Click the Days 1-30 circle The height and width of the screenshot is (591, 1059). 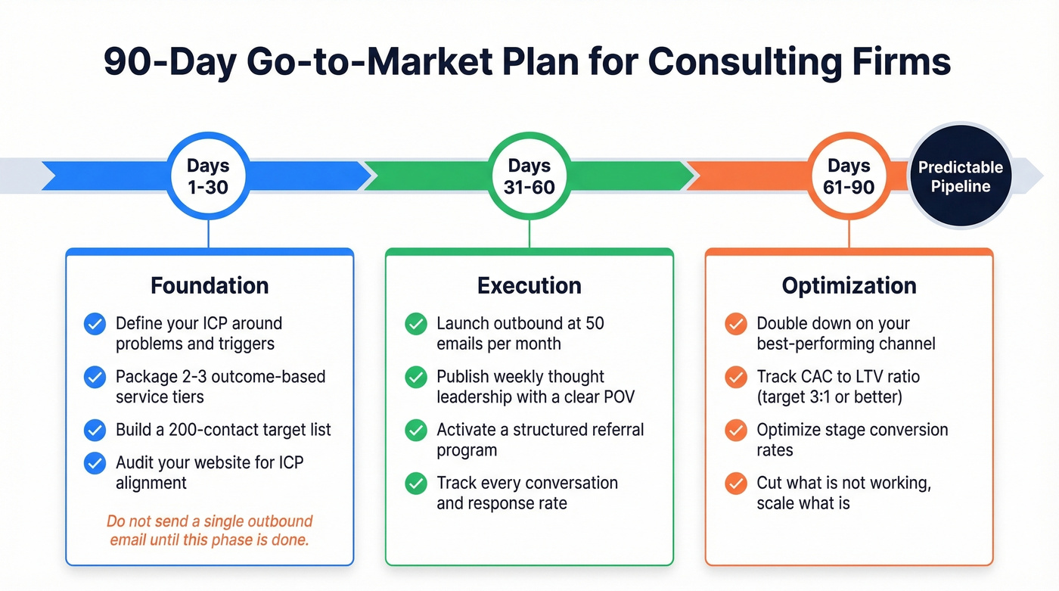coord(207,176)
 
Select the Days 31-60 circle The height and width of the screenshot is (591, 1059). coord(529,176)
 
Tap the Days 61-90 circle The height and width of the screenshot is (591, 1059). coord(849,176)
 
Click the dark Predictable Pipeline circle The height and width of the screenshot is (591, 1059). coord(960,176)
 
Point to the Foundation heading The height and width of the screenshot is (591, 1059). coord(210,285)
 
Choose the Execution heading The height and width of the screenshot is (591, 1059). coord(529,285)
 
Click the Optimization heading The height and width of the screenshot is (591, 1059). coord(849,285)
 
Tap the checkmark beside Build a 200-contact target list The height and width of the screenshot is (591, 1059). coord(95,431)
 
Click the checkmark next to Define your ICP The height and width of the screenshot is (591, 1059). coord(95,324)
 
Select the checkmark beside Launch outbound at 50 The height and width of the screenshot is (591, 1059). coord(416,324)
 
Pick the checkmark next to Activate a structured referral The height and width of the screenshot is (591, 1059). coord(416,431)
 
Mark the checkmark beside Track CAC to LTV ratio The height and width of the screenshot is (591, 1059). coord(736,377)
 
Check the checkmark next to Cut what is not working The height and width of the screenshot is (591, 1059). coord(736,484)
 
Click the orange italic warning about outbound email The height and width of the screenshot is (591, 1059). coord(210,531)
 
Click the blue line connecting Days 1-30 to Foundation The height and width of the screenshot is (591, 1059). coord(207,234)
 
